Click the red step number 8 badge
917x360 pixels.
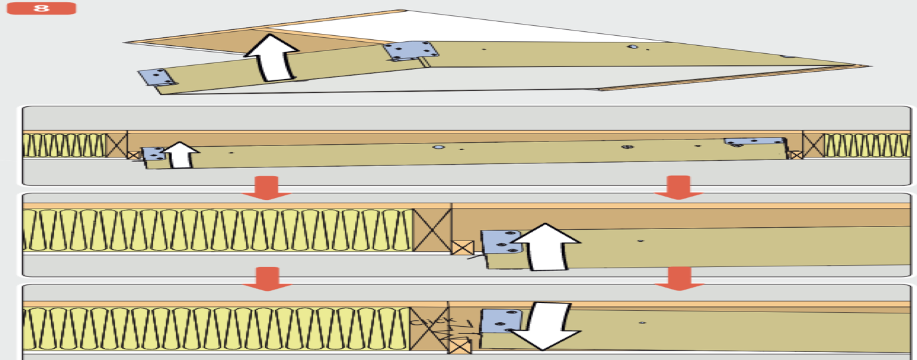(41, 9)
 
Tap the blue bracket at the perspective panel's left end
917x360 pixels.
(157, 77)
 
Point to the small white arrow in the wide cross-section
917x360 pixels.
(181, 155)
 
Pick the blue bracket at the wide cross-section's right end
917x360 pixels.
(754, 142)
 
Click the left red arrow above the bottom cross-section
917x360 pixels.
(266, 278)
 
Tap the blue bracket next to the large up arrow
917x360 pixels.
(501, 242)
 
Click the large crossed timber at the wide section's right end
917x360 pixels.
(813, 144)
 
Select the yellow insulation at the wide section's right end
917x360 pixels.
(867, 145)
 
